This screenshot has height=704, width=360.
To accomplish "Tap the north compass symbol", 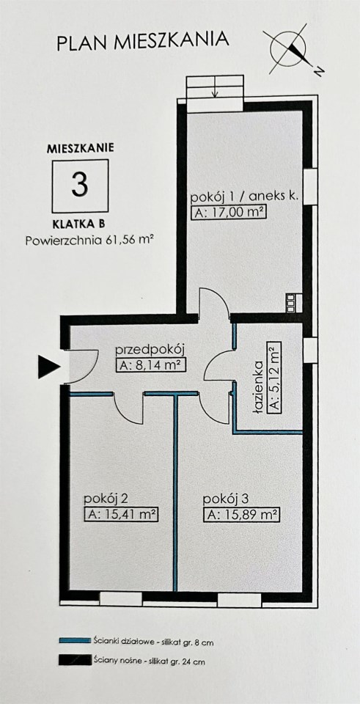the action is click(x=293, y=51).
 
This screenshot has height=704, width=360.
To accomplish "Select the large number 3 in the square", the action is click(x=80, y=185).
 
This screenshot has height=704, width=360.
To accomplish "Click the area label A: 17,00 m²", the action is click(x=228, y=213).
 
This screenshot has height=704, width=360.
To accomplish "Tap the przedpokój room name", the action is click(x=150, y=351).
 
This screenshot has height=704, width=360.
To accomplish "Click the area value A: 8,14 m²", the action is click(x=151, y=365).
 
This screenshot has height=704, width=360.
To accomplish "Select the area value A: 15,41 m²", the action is click(x=122, y=515).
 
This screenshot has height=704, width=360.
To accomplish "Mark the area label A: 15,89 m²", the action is click(x=241, y=515).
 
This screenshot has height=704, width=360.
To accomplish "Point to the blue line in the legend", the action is click(x=75, y=641).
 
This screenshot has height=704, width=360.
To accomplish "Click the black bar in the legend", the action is click(x=75, y=661).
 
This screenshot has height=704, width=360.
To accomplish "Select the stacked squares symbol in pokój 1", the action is click(x=291, y=302).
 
